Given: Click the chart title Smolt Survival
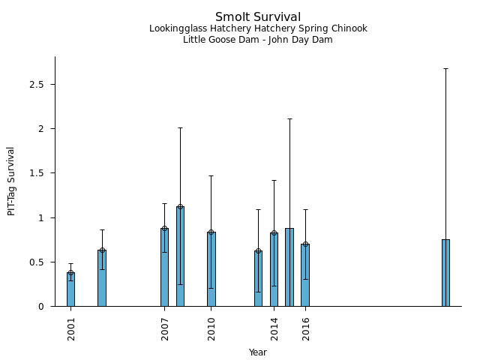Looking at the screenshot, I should (258, 17).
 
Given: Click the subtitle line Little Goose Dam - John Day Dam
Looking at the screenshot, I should (258, 40).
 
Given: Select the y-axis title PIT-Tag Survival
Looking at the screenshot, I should (11, 181).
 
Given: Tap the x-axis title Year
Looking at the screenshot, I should (258, 352).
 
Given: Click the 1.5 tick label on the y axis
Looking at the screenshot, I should (37, 173).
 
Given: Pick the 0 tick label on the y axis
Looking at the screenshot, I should (42, 307).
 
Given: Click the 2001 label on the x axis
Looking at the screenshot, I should (71, 328).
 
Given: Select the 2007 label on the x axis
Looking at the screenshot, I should (165, 328).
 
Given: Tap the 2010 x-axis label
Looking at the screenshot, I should (211, 328).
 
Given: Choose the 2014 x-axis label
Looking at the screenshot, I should (274, 328).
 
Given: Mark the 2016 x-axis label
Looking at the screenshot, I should (306, 328).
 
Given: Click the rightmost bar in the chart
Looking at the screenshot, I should (445, 273).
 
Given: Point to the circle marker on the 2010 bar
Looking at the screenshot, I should (211, 232).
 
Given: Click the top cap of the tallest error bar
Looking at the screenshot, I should (445, 68).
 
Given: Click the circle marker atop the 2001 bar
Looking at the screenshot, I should (70, 273).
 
